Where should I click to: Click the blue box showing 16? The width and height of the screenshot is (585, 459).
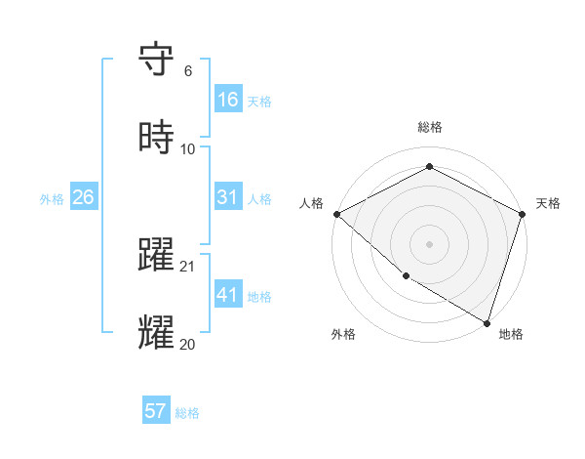click(x=228, y=100)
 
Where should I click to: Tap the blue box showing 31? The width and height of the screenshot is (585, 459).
click(x=228, y=197)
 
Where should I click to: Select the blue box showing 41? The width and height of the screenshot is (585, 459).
click(x=228, y=295)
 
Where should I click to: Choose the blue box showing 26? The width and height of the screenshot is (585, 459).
click(x=83, y=197)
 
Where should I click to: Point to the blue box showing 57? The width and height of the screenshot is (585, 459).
click(x=156, y=411)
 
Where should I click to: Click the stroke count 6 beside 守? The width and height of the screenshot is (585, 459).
click(x=187, y=71)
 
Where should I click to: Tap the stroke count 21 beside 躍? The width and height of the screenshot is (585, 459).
click(x=188, y=267)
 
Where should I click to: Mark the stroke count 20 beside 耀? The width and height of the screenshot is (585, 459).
click(x=188, y=345)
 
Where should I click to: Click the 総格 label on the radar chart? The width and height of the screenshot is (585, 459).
click(x=430, y=127)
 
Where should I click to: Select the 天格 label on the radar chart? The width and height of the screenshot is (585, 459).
click(x=548, y=203)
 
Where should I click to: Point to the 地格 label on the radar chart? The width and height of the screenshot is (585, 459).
click(x=511, y=334)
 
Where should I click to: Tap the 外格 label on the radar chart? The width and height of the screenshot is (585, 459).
click(x=343, y=334)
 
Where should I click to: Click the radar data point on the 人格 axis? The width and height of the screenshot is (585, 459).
click(x=336, y=214)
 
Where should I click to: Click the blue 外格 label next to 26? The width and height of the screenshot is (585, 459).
click(x=52, y=198)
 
